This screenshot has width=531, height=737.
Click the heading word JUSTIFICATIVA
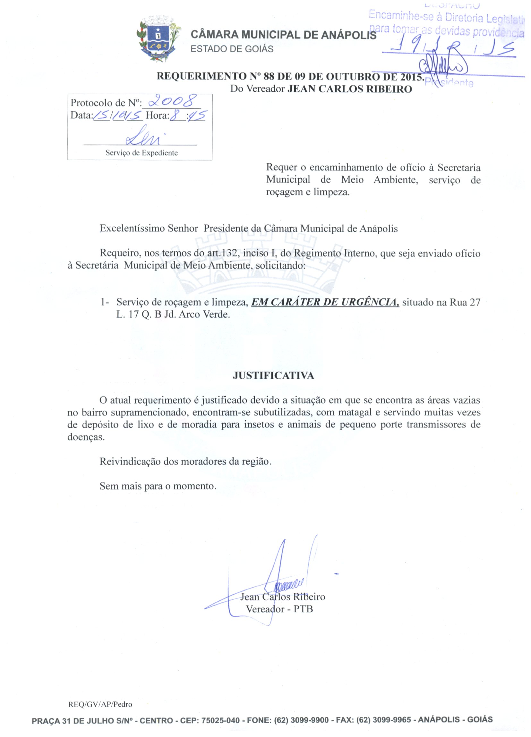[273, 376]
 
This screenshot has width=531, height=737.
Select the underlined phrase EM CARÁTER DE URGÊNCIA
[325, 302]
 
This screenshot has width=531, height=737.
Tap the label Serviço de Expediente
[141, 153]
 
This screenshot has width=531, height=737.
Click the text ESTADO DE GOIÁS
[232, 49]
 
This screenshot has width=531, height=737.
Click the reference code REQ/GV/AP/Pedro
[100, 705]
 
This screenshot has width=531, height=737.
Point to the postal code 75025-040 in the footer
[220, 720]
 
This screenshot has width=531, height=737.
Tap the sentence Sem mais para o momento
[158, 486]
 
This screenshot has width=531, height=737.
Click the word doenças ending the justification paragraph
[86, 437]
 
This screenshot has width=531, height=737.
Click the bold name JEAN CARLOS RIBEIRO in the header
[349, 89]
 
